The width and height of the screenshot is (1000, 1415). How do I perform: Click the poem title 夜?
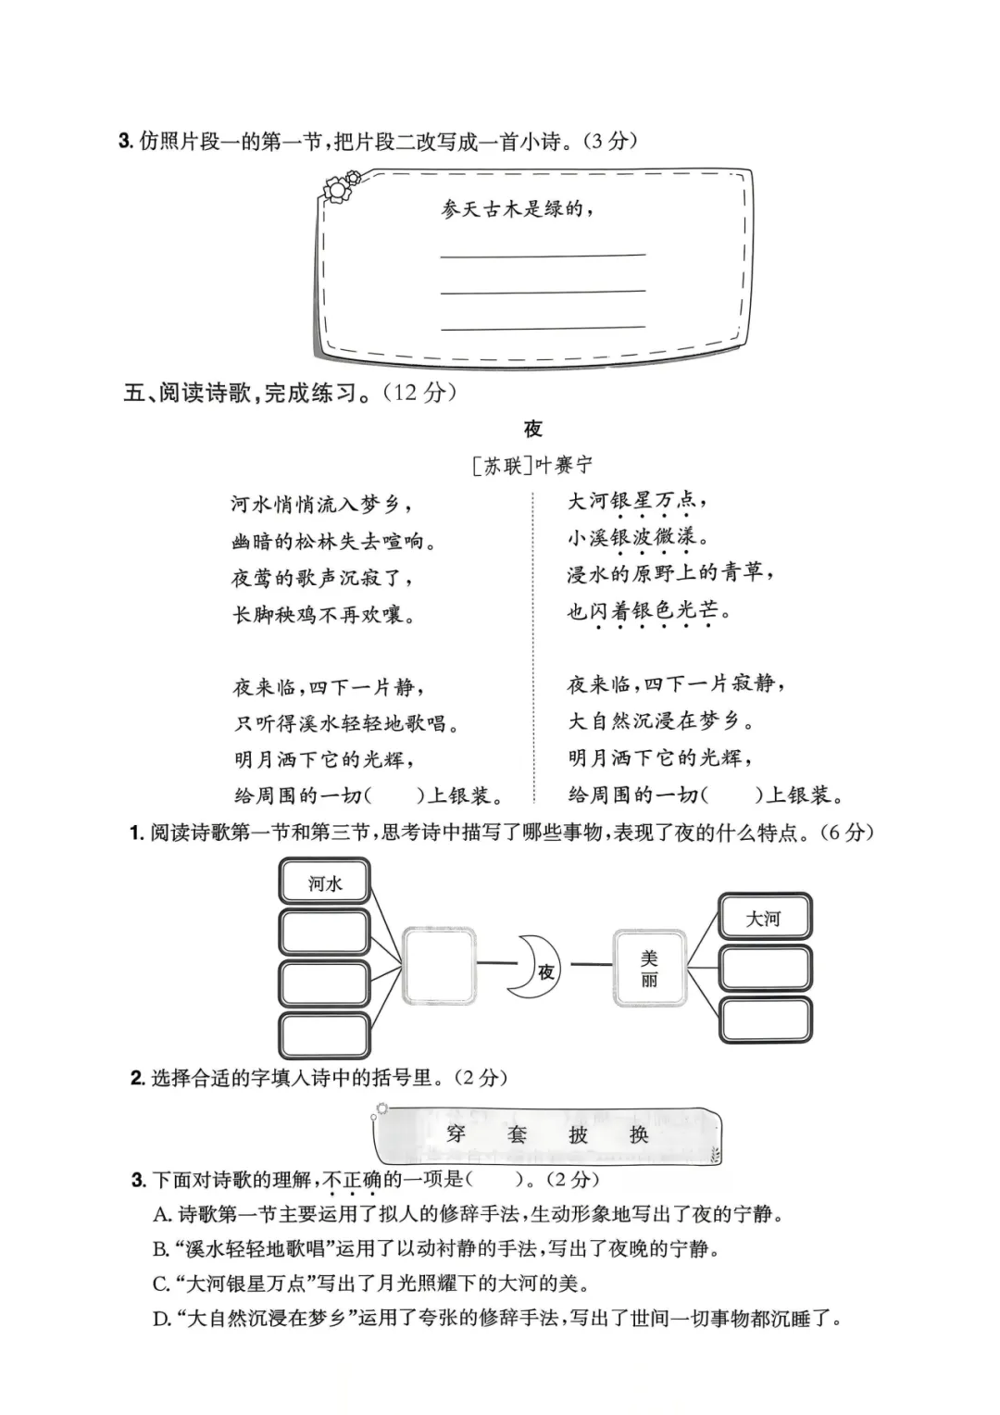[x=532, y=429]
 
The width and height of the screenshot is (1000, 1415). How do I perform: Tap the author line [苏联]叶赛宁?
[x=532, y=465]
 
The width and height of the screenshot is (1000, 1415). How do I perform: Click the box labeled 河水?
[x=324, y=882]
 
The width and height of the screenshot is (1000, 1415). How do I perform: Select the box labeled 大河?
[x=764, y=918]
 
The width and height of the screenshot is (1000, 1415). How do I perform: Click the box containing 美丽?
[x=649, y=968]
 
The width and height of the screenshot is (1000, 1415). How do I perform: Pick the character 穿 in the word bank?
[x=456, y=1133]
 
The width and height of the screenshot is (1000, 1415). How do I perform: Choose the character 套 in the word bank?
[x=517, y=1133]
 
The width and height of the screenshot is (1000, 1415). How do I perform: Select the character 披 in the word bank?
[x=578, y=1133]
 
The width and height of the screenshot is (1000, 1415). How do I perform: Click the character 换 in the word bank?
[x=639, y=1133]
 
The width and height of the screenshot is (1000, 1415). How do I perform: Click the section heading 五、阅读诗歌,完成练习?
[x=290, y=392]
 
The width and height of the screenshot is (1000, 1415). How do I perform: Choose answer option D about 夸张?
[x=497, y=1317]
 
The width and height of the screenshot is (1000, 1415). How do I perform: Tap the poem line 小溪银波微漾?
[x=639, y=536]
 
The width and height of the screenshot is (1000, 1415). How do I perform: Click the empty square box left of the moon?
[x=439, y=966]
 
